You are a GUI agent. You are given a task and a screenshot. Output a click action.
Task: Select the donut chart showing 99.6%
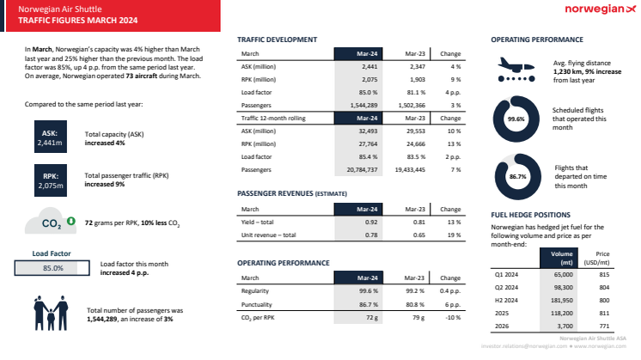[x=516, y=119]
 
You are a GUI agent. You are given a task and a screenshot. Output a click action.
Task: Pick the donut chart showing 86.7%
[x=516, y=175]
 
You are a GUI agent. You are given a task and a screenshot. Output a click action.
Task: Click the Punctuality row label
[x=259, y=305]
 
